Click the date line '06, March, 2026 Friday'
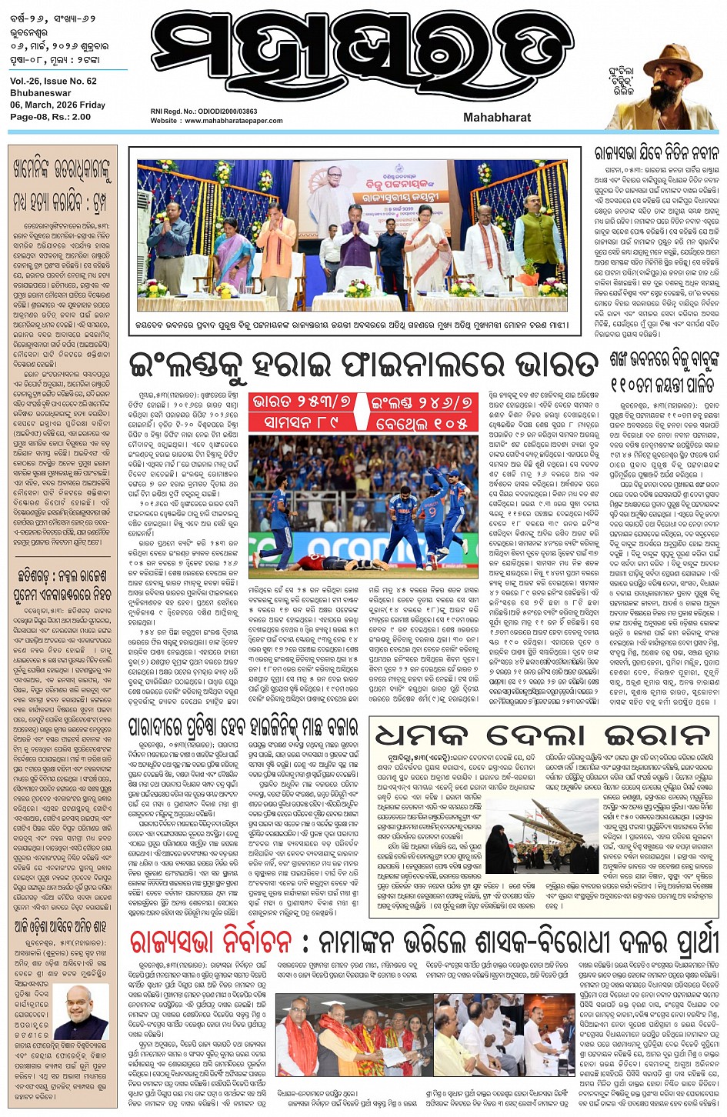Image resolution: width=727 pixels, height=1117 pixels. tap(58, 105)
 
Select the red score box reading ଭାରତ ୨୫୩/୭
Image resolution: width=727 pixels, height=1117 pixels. tap(302, 402)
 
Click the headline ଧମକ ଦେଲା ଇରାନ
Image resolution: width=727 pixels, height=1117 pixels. tap(542, 735)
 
